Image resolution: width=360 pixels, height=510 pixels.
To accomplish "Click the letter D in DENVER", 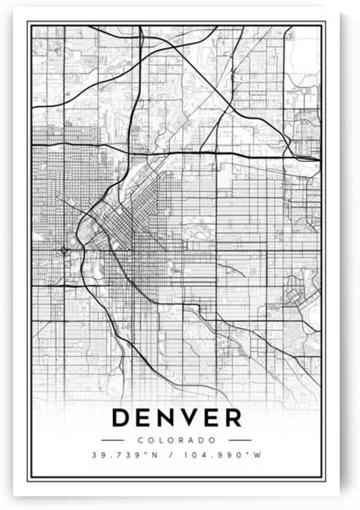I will pyautogui.click(x=123, y=419).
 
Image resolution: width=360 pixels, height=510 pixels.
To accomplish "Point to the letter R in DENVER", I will pyautogui.click(x=232, y=419).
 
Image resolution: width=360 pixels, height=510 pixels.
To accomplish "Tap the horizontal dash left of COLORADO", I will pyautogui.click(x=112, y=441).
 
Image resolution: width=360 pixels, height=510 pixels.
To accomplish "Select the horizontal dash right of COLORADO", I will pyautogui.click(x=240, y=441).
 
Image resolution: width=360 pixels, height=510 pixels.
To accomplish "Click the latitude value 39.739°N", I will pyautogui.click(x=123, y=455).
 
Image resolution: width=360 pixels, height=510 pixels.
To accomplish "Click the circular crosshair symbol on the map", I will pyautogui.click(x=64, y=250).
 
